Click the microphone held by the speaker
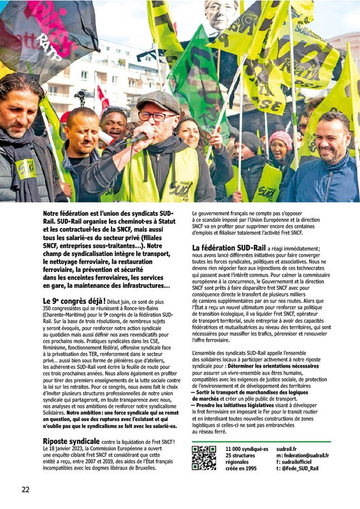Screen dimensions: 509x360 (x=127, y=139)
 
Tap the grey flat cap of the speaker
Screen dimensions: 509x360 (x=158, y=100)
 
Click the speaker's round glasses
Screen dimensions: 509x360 (x=154, y=117)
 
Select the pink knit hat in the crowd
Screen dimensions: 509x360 (x=280, y=139)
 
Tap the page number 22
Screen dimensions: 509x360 (x=25, y=489)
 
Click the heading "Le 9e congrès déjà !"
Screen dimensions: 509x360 (x=69, y=300)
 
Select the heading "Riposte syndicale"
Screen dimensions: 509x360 (x=70, y=423)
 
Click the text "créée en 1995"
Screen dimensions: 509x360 (x=242, y=468)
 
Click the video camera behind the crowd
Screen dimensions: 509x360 (x=81, y=96)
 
